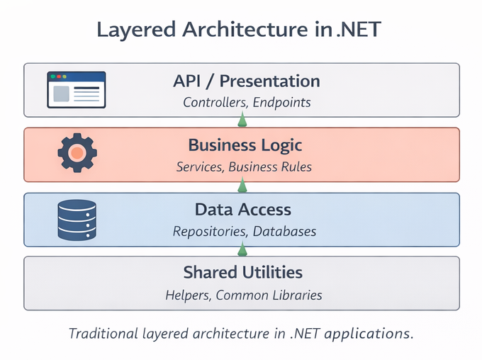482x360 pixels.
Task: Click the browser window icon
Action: coord(76,89)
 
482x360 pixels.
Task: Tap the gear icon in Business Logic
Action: coord(77,152)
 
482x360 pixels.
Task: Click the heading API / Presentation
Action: coord(246,81)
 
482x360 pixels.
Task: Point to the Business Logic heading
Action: coord(245,145)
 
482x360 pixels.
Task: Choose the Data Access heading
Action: coord(242,209)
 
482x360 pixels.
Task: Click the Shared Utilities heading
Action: coord(242,272)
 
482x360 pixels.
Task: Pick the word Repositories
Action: coord(209,231)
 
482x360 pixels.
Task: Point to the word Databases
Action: coord(284,231)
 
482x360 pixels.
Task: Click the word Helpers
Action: coord(186,295)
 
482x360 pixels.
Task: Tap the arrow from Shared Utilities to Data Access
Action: coord(242,249)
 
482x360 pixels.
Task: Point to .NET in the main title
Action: coord(359,30)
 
